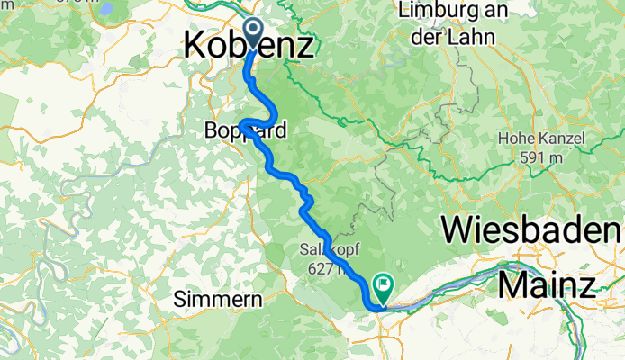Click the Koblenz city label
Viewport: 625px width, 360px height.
pyautogui.click(x=249, y=45)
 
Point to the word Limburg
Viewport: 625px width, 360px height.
pyautogui.click(x=440, y=13)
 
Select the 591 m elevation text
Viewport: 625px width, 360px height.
pyautogui.click(x=540, y=157)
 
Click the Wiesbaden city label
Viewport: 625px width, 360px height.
pyautogui.click(x=532, y=230)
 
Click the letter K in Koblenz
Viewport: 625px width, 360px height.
pyautogui.click(x=196, y=45)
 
